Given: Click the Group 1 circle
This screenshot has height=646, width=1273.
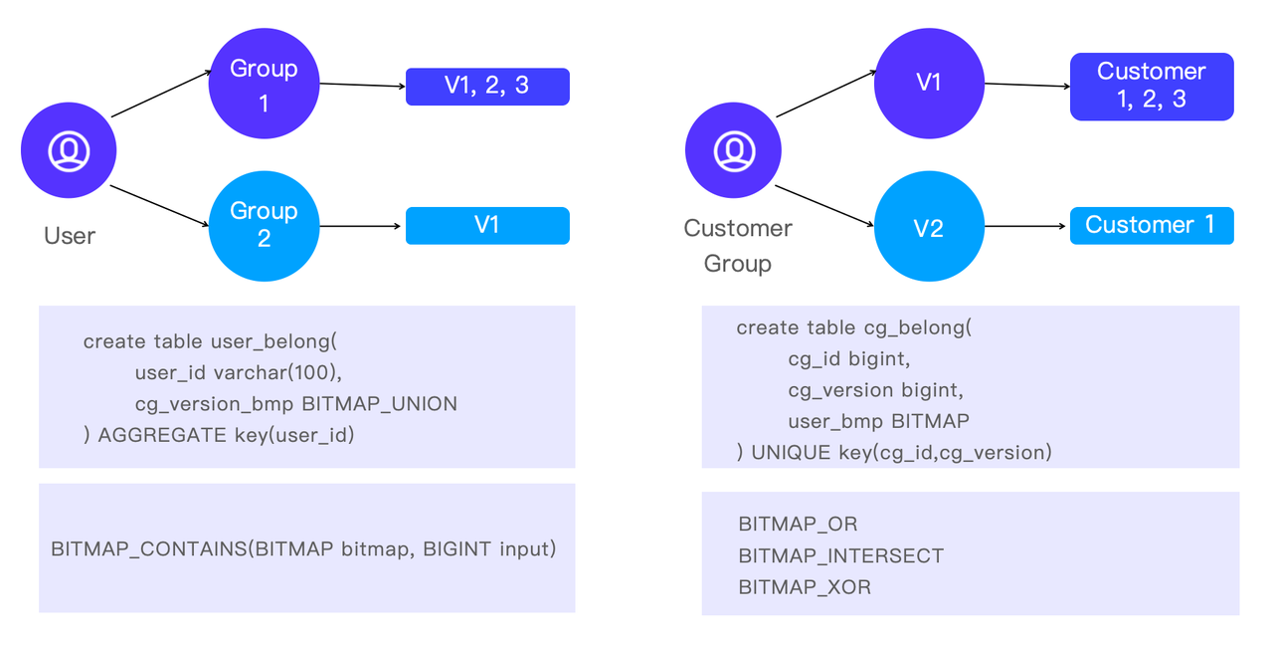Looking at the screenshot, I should click(264, 84).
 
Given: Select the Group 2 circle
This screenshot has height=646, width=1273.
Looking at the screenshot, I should click(264, 226).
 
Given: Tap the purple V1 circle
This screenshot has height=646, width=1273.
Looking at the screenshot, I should click(928, 84).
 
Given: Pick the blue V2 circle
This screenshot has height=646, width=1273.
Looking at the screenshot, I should click(928, 227).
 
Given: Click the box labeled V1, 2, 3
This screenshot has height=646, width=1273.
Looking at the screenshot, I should click(487, 87).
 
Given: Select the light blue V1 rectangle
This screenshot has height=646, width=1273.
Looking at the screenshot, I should click(487, 226).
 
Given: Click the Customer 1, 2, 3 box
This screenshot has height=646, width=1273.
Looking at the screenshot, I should click(1152, 87).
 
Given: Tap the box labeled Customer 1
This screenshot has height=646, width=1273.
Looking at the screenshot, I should click(1152, 226).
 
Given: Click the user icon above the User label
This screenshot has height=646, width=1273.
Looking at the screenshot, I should click(69, 151).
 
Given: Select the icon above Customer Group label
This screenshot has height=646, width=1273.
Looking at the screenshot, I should click(734, 151).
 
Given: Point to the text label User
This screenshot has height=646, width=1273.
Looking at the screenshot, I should click(70, 236).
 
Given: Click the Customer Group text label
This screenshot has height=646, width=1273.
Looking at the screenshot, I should click(738, 246).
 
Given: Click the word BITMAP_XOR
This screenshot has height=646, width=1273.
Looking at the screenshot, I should click(805, 587).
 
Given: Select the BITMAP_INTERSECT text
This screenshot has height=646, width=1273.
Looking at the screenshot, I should click(840, 555).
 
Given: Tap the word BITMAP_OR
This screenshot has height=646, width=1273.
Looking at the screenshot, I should click(798, 524).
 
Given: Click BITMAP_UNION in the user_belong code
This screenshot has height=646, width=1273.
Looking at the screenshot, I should click(379, 404).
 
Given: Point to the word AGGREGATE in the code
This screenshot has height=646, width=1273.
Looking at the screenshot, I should click(162, 435).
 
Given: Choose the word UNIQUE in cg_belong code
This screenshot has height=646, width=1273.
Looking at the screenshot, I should click(791, 452).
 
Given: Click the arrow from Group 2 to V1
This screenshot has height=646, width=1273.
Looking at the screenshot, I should click(362, 226).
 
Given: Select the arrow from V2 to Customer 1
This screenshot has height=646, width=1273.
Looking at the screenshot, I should click(1026, 226).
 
